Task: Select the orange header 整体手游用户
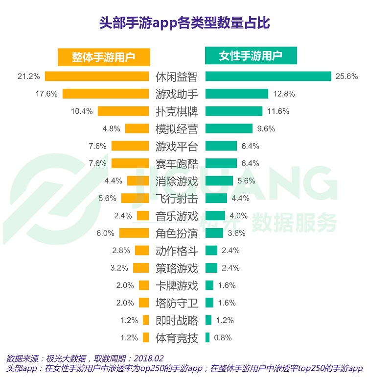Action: point(103,57)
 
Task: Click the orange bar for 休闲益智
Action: point(97,76)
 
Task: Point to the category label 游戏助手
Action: point(177,94)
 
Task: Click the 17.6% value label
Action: point(46,94)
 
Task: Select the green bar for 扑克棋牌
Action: point(234,111)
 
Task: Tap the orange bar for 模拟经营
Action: point(137,128)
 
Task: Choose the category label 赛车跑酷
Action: point(177,163)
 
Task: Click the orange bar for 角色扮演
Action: point(134,233)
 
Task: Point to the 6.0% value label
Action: point(105,233)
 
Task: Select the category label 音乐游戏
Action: point(177,216)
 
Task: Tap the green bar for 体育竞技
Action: point(207,337)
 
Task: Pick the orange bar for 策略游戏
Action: point(140,268)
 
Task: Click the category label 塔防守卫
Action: point(177,303)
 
